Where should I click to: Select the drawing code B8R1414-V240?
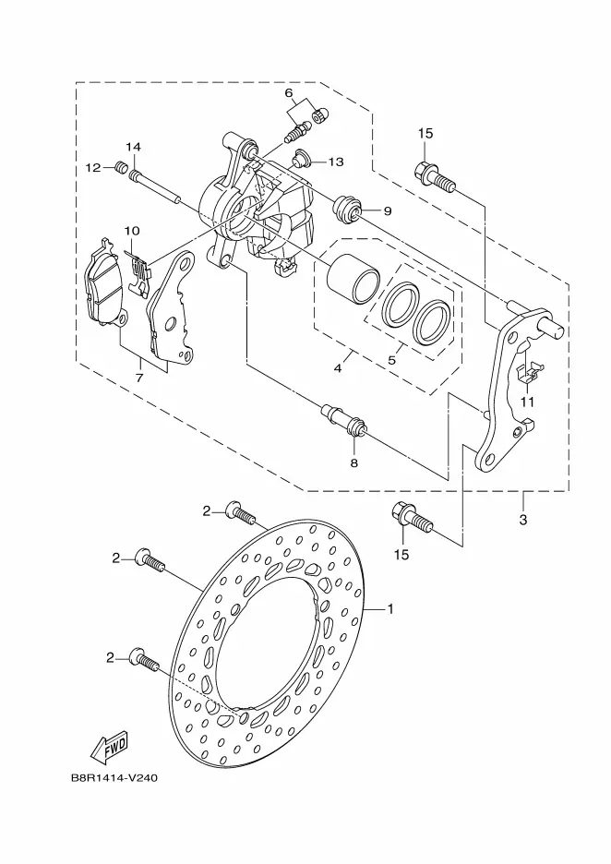[x=114, y=778]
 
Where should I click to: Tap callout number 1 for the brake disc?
[x=390, y=609]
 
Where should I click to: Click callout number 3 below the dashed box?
[x=522, y=519]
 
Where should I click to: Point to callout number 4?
[x=338, y=367]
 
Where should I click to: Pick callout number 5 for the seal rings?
[x=391, y=360]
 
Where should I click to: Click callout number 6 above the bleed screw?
[x=289, y=92]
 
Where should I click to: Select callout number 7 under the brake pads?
[x=139, y=378]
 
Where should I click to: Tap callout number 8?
[x=353, y=462]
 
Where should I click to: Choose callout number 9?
[x=388, y=210]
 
